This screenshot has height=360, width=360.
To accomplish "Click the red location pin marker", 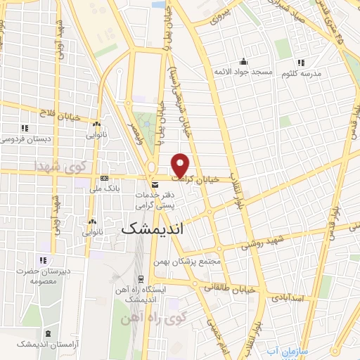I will [x=181, y=165].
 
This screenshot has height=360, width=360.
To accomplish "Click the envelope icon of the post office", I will [x=155, y=184].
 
